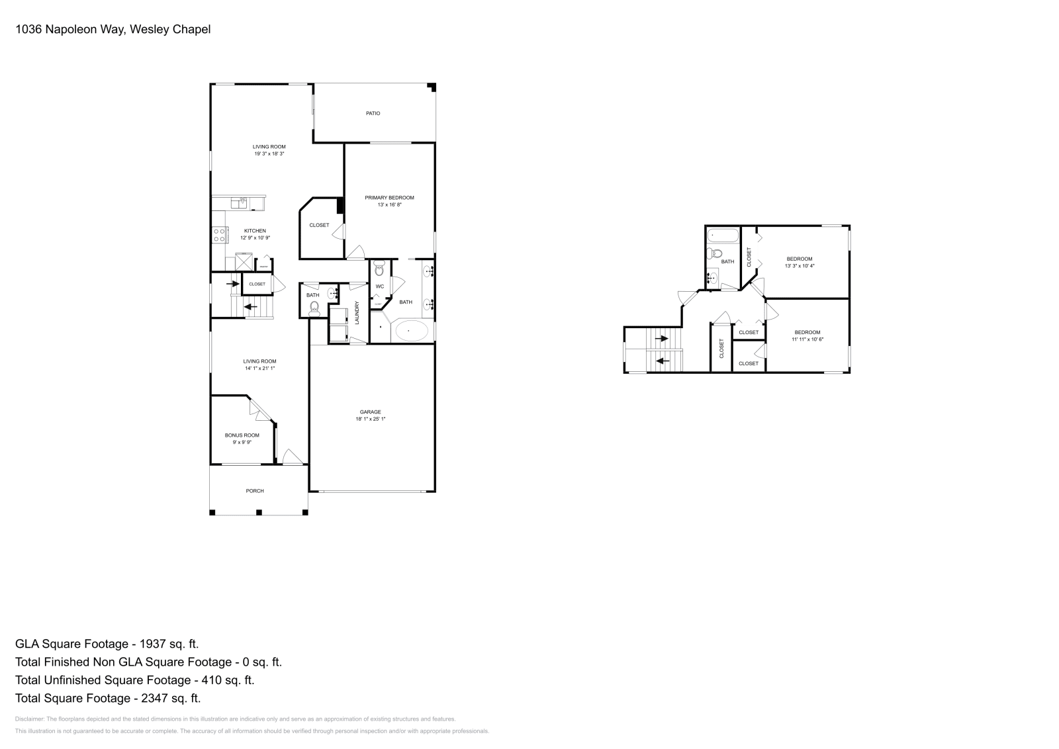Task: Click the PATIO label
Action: [x=373, y=113]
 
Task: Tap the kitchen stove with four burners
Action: [x=220, y=235]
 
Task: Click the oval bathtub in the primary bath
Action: [x=411, y=331]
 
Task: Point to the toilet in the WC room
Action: [x=379, y=269]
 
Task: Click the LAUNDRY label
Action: [x=357, y=312]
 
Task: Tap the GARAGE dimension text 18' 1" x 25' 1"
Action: [x=370, y=419]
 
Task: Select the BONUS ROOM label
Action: [x=242, y=435]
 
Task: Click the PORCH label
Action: [x=255, y=491]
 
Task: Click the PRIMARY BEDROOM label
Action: [x=389, y=198]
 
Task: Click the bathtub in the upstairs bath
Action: [x=721, y=236]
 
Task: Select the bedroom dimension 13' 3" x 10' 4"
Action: [x=799, y=266]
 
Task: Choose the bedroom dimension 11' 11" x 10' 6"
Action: [x=807, y=339]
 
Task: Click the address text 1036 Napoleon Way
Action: [x=69, y=29]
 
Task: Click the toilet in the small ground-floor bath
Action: [x=314, y=307]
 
